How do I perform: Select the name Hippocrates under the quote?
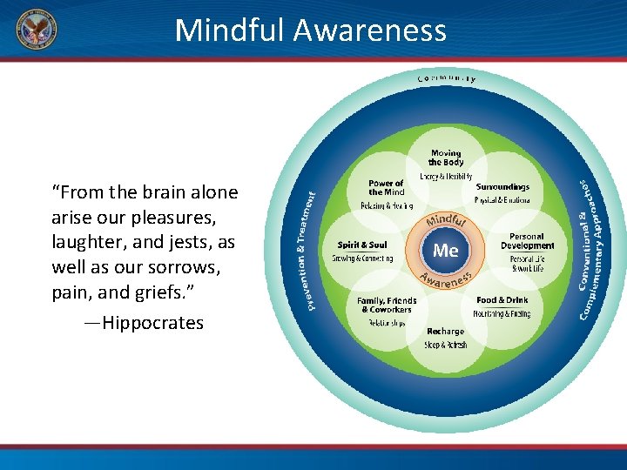[x=152, y=323]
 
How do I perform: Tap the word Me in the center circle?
[x=445, y=251]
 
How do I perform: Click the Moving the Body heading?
[x=445, y=158]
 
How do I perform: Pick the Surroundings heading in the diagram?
[x=502, y=187]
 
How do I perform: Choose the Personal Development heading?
[x=526, y=241]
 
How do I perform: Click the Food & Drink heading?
[x=502, y=300]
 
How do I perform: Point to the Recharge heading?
[x=445, y=332]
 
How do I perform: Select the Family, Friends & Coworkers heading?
[x=387, y=305]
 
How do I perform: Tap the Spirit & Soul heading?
[x=362, y=245]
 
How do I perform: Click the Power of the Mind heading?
[x=386, y=188]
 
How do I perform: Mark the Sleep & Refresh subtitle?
[x=445, y=346]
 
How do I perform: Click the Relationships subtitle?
[x=387, y=323]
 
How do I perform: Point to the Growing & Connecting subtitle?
[x=362, y=259]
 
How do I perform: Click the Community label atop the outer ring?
[x=446, y=78]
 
